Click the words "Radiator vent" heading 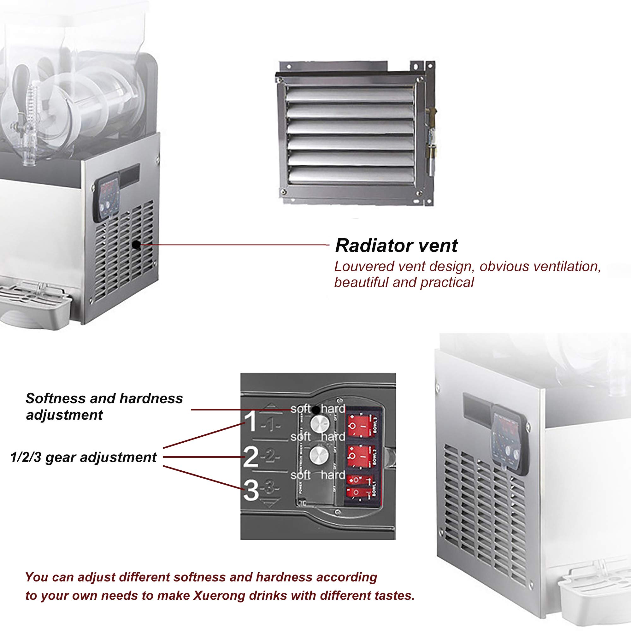[x=396, y=245]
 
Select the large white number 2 [x=251, y=457]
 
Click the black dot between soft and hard [x=315, y=409]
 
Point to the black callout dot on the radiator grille [x=137, y=244]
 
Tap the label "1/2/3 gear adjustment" [x=84, y=457]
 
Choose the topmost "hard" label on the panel [x=333, y=409]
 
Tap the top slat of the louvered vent [x=349, y=96]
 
